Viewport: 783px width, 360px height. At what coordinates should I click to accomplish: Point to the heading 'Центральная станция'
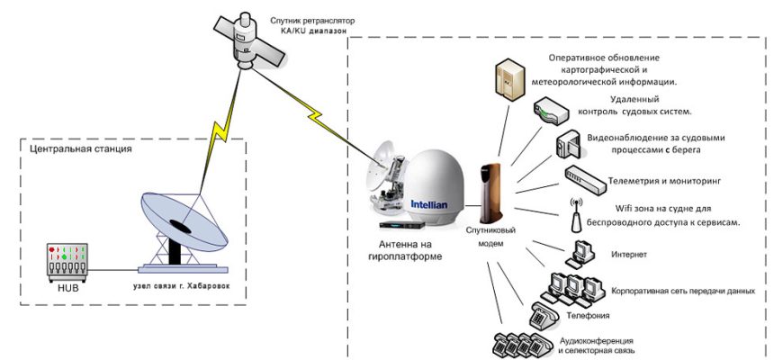point(81,148)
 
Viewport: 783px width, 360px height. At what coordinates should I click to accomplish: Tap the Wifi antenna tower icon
point(574,214)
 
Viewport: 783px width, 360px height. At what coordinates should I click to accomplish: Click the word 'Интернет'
point(627,255)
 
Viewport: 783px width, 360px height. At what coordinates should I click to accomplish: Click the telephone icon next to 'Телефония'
point(544,316)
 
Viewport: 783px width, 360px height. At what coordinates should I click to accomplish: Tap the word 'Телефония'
point(589,316)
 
